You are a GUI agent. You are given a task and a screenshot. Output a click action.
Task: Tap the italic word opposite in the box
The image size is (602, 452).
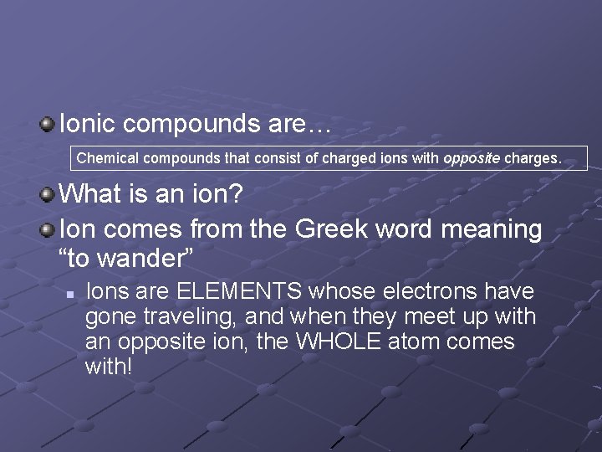pos(471,157)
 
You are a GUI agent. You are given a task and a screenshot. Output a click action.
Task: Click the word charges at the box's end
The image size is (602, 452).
pos(533,157)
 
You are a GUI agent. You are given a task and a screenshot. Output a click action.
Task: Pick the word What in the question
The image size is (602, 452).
pos(93,194)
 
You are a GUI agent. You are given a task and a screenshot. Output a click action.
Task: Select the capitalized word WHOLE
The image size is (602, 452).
pos(336,342)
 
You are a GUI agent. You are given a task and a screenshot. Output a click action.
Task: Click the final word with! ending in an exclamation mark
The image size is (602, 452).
pos(109,367)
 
